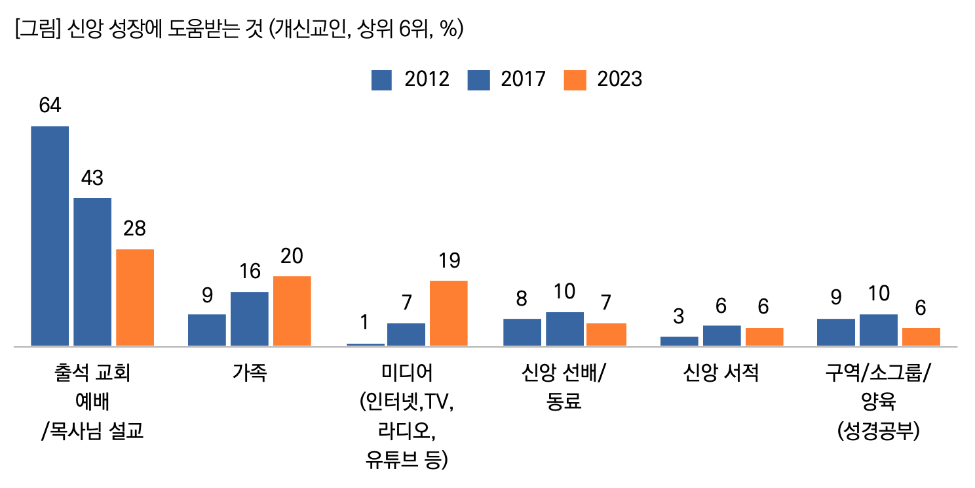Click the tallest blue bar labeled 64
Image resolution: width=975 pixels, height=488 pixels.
pos(50,235)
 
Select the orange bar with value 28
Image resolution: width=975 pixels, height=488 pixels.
pos(135,297)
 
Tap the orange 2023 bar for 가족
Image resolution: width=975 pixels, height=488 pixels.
pos(292,311)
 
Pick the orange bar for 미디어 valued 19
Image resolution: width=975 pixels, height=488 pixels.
pos(449,313)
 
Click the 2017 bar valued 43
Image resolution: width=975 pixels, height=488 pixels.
pos(92,272)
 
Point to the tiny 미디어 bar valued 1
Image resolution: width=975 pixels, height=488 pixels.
pos(366,344)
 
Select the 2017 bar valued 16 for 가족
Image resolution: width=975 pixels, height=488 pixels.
pos(250,319)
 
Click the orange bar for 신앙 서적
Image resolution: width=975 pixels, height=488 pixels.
pos(765,336)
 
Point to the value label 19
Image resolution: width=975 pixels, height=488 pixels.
pos(449,261)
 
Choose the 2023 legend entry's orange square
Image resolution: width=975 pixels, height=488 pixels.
pos(574,79)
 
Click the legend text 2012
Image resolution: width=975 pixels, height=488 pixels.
pos(427,79)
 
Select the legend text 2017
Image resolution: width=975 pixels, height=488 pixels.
pos(523,79)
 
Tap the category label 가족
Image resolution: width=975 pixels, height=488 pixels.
pos(250,374)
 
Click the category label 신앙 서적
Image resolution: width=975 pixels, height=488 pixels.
pos(721,374)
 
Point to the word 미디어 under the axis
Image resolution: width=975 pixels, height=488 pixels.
pos(407,374)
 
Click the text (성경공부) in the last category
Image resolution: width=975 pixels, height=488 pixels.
pos(878,432)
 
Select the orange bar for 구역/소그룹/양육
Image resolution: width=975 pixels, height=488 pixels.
pos(921,336)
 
